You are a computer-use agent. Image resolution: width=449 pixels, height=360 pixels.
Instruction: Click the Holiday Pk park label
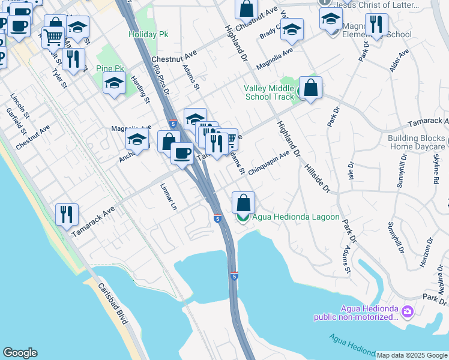pos(148,34)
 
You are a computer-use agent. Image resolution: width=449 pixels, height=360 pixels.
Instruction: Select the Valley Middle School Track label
pos(269,92)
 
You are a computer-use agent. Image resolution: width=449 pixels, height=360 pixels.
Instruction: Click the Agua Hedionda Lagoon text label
pos(296,217)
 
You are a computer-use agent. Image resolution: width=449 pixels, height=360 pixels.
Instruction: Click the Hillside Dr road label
pos(317,179)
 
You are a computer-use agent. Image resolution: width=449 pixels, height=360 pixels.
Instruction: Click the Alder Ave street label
pos(399,61)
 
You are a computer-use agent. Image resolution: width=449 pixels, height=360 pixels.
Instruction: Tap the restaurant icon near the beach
pos(67,215)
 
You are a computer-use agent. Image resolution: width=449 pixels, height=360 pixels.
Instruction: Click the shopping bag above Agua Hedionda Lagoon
pos(243,202)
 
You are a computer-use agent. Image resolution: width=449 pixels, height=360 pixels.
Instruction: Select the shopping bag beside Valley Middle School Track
pos(310,87)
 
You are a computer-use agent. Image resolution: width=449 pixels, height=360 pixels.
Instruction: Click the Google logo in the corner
pos(20,353)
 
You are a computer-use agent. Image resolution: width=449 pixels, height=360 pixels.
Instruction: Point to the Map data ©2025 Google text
pos(412,355)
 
